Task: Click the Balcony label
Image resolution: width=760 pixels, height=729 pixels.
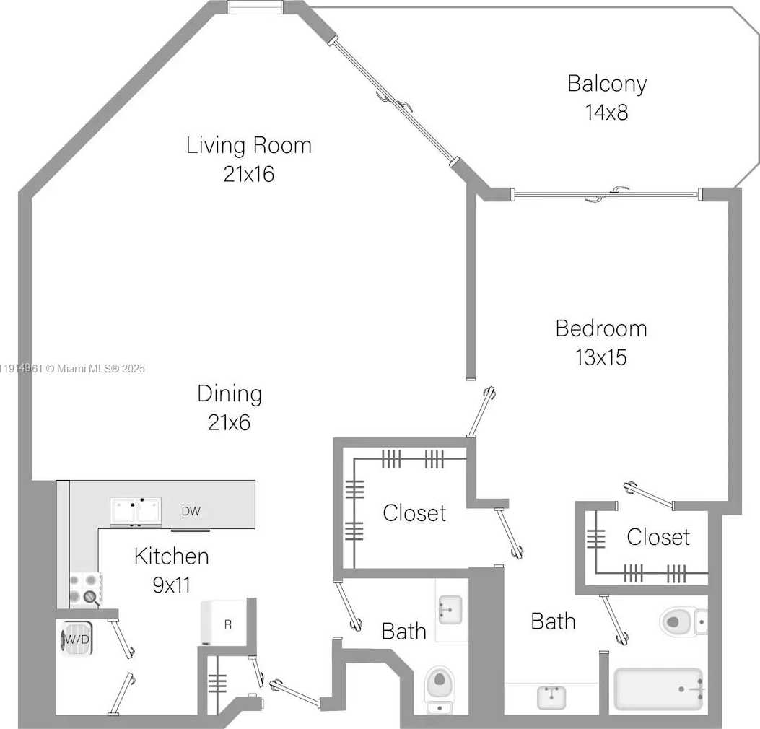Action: click(606, 84)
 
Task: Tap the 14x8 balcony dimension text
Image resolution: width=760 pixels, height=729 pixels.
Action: click(606, 113)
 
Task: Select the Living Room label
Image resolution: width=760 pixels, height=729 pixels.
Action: click(249, 145)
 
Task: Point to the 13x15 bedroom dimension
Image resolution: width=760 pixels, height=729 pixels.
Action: click(600, 357)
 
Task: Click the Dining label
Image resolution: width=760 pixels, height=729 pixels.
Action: click(230, 394)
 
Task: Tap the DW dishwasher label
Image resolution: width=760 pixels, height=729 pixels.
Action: click(191, 512)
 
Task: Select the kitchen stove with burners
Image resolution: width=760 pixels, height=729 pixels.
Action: click(85, 589)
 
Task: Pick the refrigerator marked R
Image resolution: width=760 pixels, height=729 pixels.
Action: click(225, 623)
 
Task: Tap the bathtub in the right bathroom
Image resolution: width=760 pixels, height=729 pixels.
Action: click(658, 689)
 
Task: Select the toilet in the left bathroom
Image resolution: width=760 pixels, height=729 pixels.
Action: click(438, 686)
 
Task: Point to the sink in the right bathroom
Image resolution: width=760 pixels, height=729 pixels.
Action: click(551, 697)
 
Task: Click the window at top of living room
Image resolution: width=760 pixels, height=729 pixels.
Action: click(255, 7)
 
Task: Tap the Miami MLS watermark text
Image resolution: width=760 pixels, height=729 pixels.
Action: click(72, 369)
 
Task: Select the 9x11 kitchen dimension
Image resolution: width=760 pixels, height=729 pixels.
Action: click(171, 585)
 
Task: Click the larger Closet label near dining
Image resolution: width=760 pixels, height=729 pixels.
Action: click(414, 513)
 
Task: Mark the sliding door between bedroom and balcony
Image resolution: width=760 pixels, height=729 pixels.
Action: click(606, 193)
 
